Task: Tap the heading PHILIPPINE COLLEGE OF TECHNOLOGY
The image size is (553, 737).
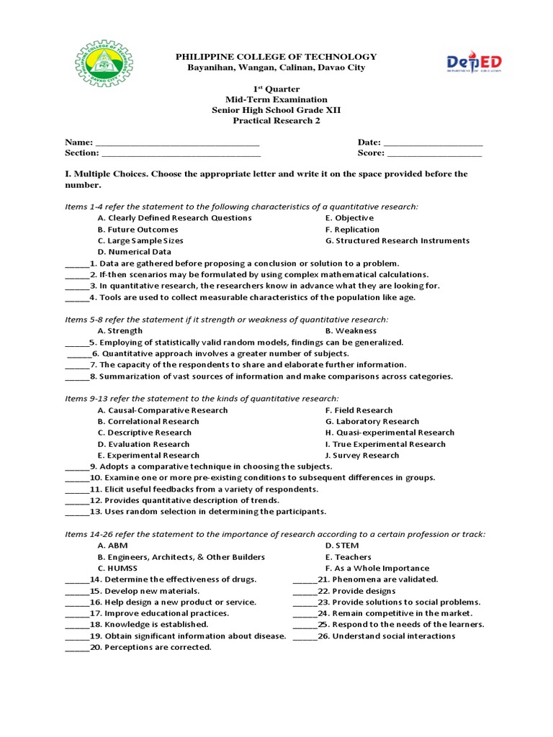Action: point(276,57)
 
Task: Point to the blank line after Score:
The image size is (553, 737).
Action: point(434,154)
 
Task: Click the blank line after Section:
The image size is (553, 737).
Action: point(181,154)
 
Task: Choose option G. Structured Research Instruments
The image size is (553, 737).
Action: point(397,241)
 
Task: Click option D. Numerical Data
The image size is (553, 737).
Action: point(134,252)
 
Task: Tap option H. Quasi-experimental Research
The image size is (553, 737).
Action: point(390,433)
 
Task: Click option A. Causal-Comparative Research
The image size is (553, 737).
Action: point(162,410)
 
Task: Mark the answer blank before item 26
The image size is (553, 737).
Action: point(304,637)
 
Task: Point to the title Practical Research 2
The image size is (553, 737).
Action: point(276,121)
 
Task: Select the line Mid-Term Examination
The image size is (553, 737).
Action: point(276,100)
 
